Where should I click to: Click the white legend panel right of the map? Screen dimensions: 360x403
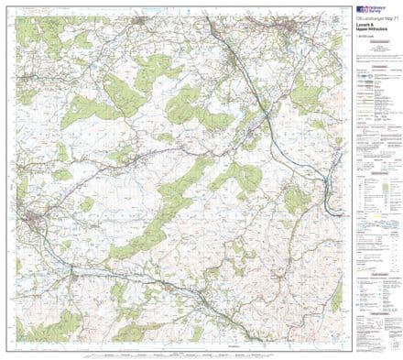click(376, 183)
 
